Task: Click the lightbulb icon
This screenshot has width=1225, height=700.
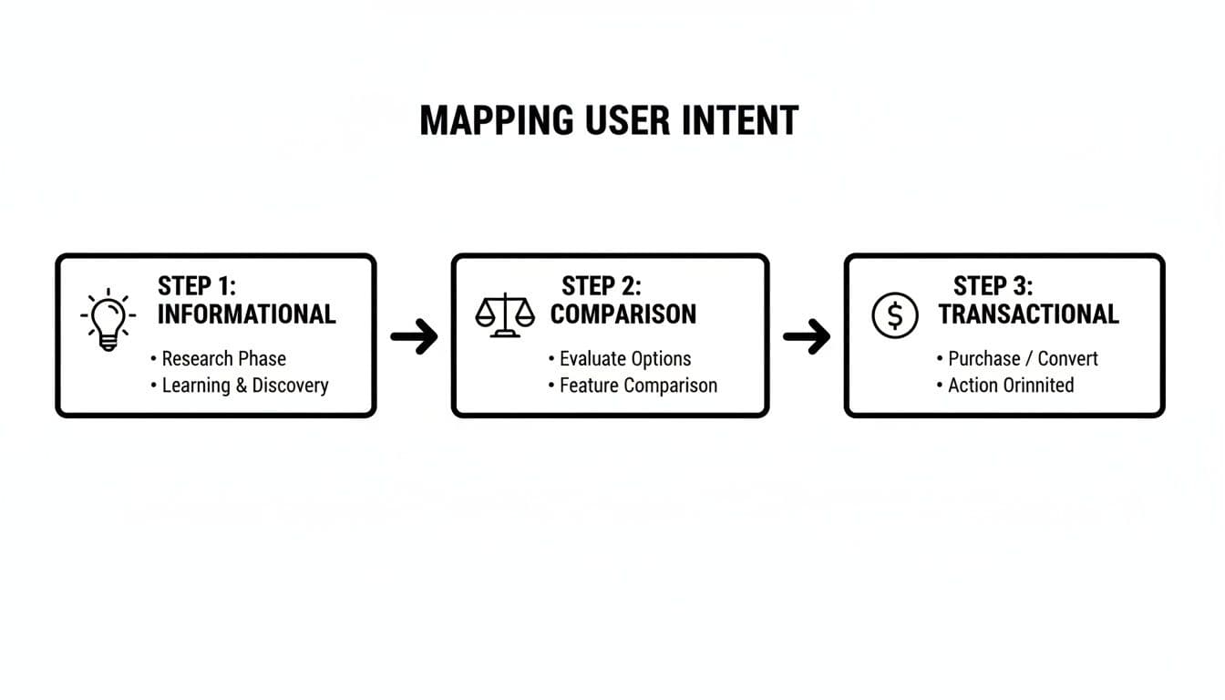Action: pyautogui.click(x=108, y=319)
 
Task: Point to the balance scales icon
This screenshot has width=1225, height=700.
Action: pyautogui.click(x=505, y=315)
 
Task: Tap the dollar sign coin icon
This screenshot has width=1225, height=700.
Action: pyautogui.click(x=895, y=316)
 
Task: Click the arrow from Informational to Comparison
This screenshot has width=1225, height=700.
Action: pyautogui.click(x=414, y=336)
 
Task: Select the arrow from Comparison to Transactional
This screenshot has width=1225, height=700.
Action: pyautogui.click(x=807, y=336)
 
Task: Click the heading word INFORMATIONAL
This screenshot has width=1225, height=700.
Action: pyautogui.click(x=246, y=314)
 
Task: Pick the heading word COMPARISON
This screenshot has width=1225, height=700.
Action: pyautogui.click(x=623, y=314)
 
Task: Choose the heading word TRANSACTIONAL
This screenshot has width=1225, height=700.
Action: pyautogui.click(x=1028, y=314)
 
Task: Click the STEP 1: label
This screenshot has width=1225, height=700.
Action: pyautogui.click(x=196, y=285)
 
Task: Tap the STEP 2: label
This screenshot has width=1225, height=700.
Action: pyautogui.click(x=602, y=285)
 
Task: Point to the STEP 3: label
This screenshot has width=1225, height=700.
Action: pyautogui.click(x=993, y=285)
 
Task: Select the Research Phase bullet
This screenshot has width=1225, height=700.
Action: pyautogui.click(x=223, y=359)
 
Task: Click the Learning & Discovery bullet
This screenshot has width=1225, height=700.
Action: pyautogui.click(x=244, y=386)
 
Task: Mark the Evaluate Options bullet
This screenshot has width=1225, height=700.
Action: pyautogui.click(x=624, y=359)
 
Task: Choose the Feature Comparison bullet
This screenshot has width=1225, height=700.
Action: pyautogui.click(x=638, y=386)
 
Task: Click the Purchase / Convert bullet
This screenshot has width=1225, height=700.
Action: pyautogui.click(x=1023, y=359)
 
